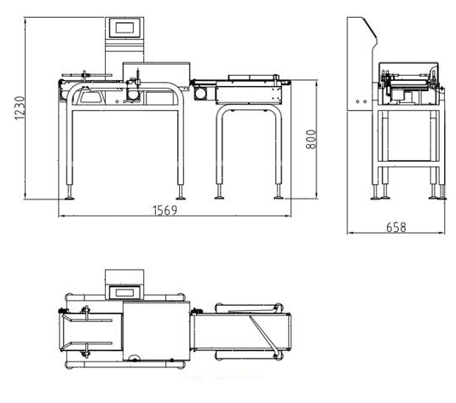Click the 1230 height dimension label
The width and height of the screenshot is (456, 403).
[x=20, y=108]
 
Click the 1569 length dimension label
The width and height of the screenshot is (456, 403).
[x=165, y=210]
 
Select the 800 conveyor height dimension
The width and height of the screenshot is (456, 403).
[x=311, y=139]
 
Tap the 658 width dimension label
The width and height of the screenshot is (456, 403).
[x=396, y=227]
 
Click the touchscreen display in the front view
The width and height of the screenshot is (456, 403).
[x=124, y=28]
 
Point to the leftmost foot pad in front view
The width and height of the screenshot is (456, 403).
[x=70, y=199]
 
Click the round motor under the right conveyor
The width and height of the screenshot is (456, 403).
[x=200, y=94]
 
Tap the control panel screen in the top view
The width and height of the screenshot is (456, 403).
[x=124, y=292]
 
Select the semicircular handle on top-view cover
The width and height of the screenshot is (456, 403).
[x=135, y=357]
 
